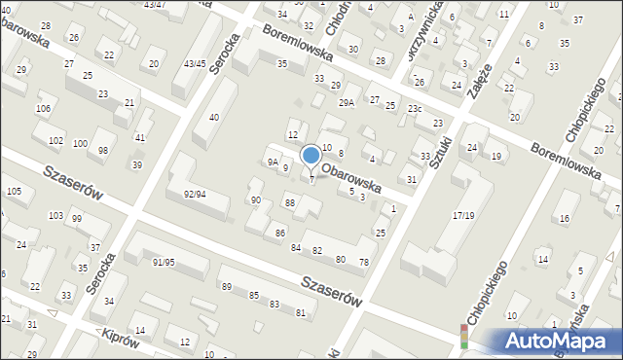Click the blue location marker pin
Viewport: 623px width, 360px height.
[x=311, y=156]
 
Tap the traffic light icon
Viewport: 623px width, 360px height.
[x=463, y=338]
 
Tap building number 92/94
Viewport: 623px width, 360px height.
[x=194, y=194]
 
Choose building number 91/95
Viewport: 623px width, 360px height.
[x=164, y=262]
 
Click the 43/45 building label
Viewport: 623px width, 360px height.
[x=195, y=63]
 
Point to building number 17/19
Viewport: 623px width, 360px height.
[x=464, y=215]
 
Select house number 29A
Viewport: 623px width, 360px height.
[x=346, y=102]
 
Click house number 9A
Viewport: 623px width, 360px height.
[x=274, y=162]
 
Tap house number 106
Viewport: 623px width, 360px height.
[x=43, y=108]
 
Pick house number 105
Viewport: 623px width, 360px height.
[x=14, y=191]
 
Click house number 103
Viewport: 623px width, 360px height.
[x=55, y=215]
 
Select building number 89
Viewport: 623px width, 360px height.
[x=226, y=286]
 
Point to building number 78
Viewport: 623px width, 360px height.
[x=364, y=263]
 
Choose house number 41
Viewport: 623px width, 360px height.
[x=140, y=138]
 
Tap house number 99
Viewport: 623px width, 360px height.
[x=76, y=218]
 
